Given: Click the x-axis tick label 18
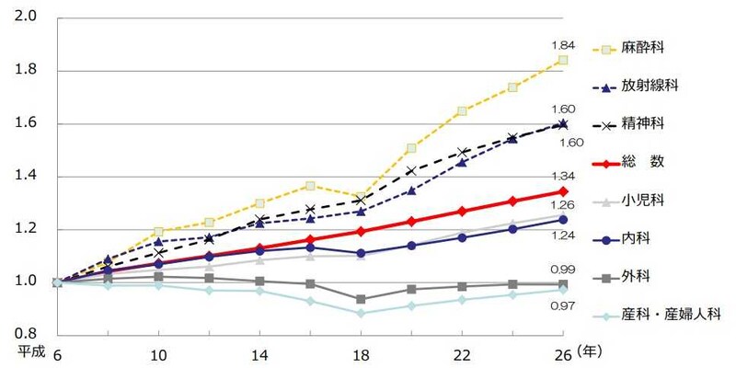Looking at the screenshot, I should pyautogui.click(x=359, y=356).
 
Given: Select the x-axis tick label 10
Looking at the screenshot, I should pyautogui.click(x=158, y=356).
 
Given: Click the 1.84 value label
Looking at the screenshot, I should pyautogui.click(x=563, y=44).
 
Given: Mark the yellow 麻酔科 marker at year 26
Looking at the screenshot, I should pyautogui.click(x=562, y=60).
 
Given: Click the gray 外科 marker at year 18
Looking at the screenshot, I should pyautogui.click(x=359, y=299).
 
